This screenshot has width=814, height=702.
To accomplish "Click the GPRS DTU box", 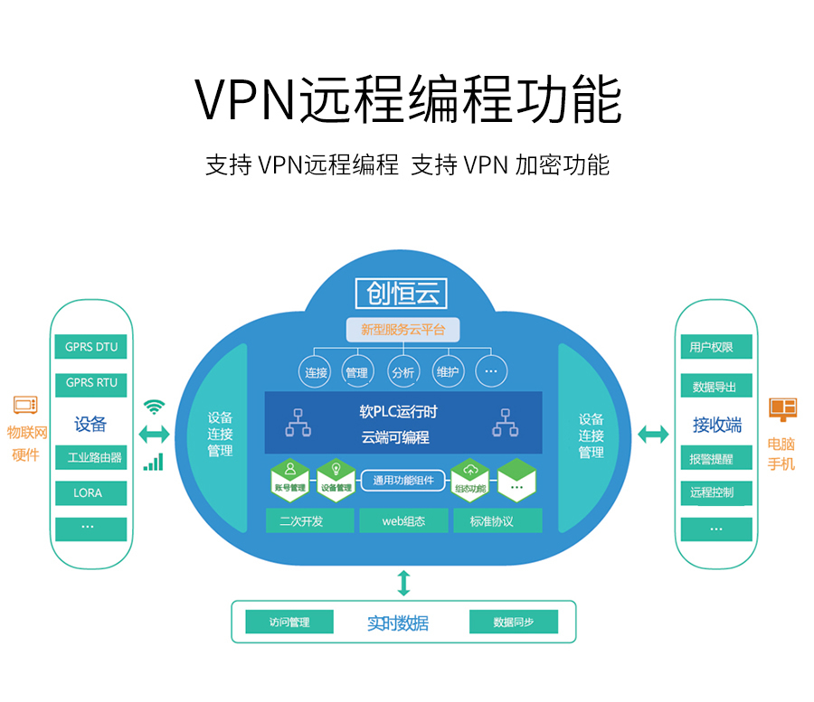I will click(x=91, y=347).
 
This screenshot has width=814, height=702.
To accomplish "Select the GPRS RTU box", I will click(x=91, y=383).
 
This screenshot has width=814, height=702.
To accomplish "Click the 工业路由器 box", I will click(x=91, y=457).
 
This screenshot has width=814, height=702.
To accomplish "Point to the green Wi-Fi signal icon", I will click(x=155, y=407).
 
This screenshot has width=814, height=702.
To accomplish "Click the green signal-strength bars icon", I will click(x=154, y=462).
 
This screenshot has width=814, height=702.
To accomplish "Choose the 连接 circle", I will click(x=316, y=372).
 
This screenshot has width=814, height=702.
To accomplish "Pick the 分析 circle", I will click(x=402, y=372).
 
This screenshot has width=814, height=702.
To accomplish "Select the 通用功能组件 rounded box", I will click(x=403, y=481).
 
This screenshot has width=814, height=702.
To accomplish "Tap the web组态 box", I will click(x=403, y=520).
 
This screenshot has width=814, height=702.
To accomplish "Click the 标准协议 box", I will click(x=492, y=520).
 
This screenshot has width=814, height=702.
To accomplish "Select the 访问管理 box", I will click(x=289, y=622).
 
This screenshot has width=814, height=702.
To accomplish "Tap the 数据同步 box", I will click(x=514, y=622).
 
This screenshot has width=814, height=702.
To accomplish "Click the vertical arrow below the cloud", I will click(x=403, y=583).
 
